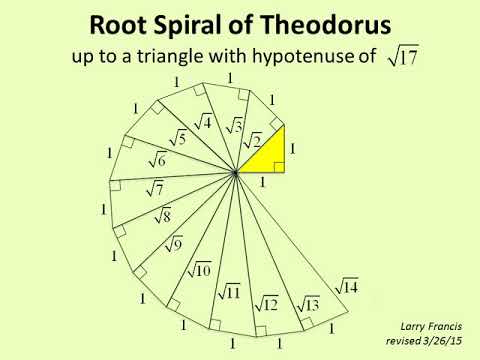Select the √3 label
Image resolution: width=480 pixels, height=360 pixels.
point(233,126)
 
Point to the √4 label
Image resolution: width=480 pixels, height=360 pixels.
point(202,122)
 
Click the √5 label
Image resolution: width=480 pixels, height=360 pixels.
point(178,137)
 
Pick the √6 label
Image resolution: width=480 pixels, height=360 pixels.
point(157,159)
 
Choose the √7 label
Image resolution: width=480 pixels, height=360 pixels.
point(155,188)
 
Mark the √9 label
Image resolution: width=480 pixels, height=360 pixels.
point(173,242)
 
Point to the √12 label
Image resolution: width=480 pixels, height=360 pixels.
point(266,302)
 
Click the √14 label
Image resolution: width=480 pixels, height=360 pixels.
point(345,286)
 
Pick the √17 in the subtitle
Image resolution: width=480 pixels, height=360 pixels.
point(400,58)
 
